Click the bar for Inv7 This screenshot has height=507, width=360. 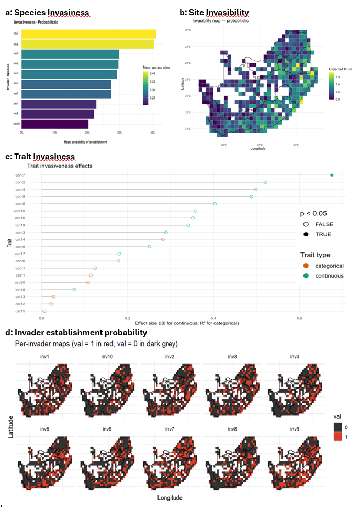[89, 34]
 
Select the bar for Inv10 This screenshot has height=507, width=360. [55, 125]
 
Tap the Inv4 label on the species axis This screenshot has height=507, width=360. [17, 104]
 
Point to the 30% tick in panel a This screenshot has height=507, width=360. [120, 133]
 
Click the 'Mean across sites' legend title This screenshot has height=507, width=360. [158, 68]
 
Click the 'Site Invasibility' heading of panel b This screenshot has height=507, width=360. [218, 12]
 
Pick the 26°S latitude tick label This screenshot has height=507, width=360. [187, 63]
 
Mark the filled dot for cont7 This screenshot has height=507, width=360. [332, 175]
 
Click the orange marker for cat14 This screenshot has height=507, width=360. [163, 239]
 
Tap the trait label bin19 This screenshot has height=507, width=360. [20, 225]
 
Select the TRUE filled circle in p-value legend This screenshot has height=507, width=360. [306, 234]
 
